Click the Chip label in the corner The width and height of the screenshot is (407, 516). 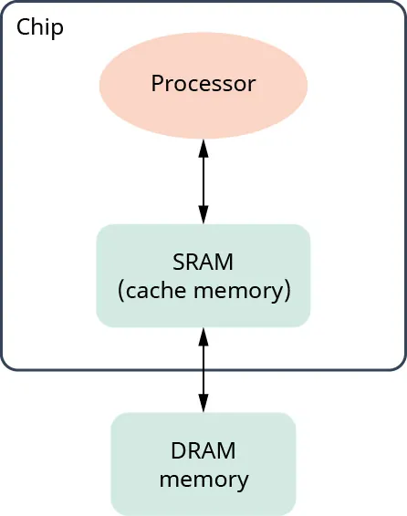click(x=40, y=27)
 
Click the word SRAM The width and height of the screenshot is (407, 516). click(x=203, y=263)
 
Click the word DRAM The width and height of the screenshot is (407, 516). click(x=203, y=450)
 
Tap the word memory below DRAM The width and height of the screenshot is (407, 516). click(x=203, y=480)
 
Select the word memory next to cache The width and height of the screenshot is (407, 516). click(x=245, y=292)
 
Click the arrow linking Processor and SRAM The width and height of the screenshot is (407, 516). click(x=203, y=181)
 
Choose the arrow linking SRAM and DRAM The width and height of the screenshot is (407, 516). click(x=203, y=369)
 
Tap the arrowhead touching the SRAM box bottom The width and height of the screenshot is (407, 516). click(x=203, y=335)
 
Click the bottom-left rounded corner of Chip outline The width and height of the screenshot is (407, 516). click(x=7, y=365)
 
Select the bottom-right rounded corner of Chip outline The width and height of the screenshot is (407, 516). click(x=400, y=365)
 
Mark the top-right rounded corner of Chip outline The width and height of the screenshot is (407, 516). click(x=400, y=7)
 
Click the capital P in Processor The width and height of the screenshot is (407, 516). click(x=157, y=84)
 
